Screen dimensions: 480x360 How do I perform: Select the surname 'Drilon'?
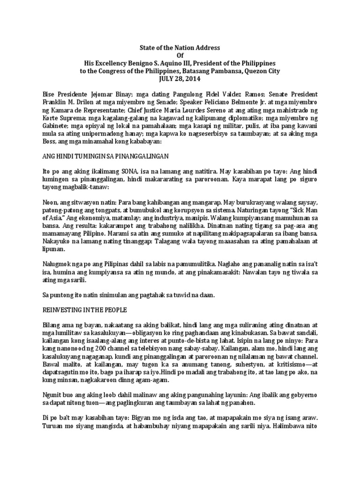tap(89, 102)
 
